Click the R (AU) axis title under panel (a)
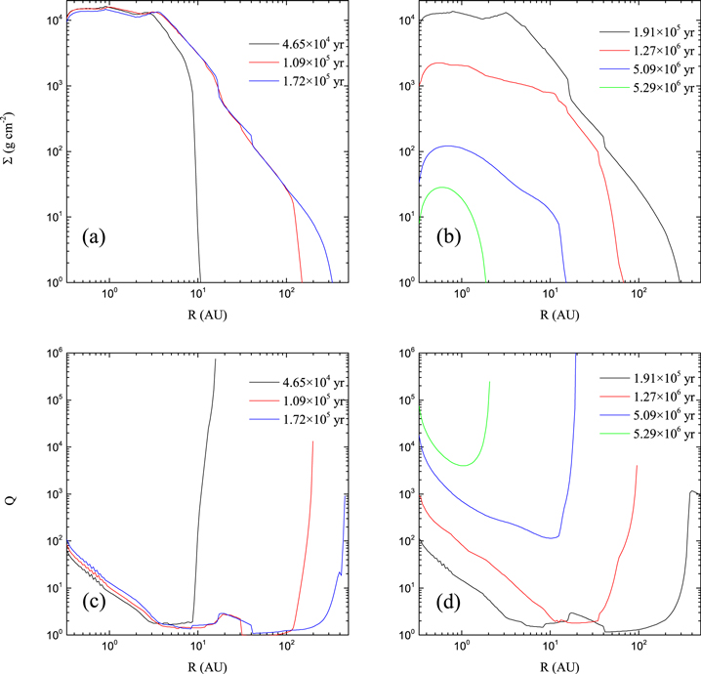189,315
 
